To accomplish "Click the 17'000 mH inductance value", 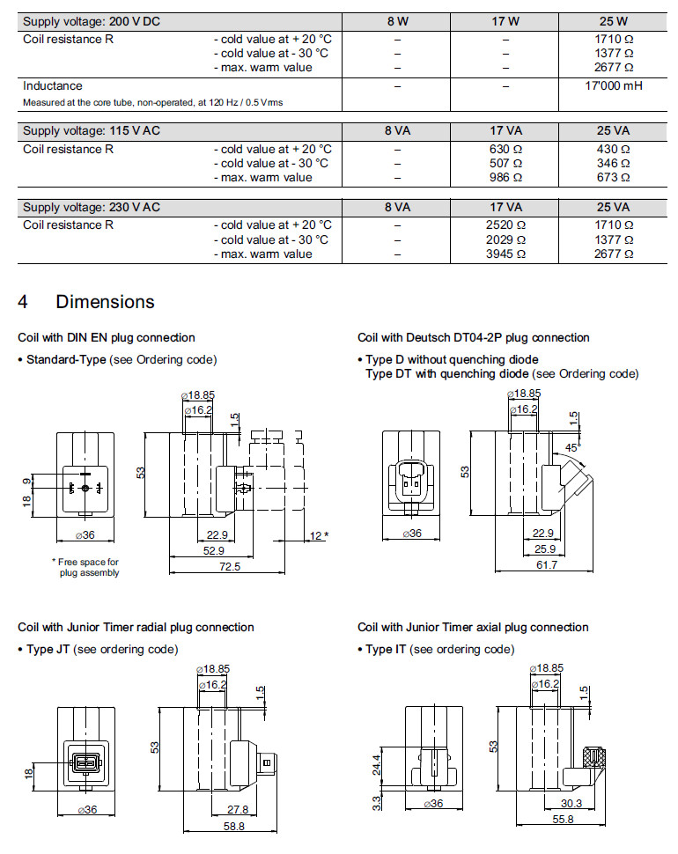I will click(x=614, y=86).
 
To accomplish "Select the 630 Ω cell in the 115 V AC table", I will click(x=505, y=149).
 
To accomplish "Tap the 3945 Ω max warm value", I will click(x=505, y=254).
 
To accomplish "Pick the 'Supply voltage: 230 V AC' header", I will click(x=92, y=208).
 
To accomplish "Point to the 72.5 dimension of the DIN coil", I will click(x=228, y=566).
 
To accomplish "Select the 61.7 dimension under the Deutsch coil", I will click(x=547, y=564).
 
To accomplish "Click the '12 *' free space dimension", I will click(x=319, y=535).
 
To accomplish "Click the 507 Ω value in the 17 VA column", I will click(x=505, y=163).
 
